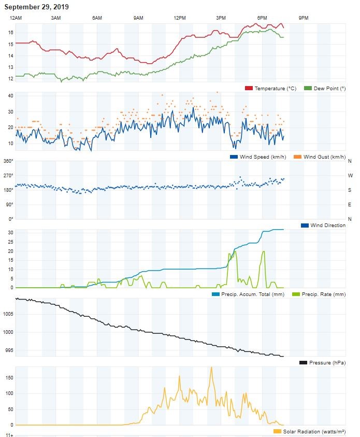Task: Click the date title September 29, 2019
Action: tap(36, 7)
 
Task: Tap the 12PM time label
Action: tap(180, 18)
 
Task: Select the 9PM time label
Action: tap(304, 18)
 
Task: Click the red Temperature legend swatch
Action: tap(249, 88)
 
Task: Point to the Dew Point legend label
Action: tap(329, 88)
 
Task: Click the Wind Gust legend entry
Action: tap(320, 157)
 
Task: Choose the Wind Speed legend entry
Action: tap(258, 157)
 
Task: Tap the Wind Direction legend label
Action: tap(328, 225)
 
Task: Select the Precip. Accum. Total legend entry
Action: tap(248, 294)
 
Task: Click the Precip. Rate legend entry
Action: tap(319, 294)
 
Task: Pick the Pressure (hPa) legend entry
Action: tap(322, 362)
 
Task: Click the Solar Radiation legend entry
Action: tap(310, 431)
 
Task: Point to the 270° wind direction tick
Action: tap(8, 176)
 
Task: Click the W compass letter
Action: tap(350, 176)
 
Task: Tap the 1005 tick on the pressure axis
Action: tap(8, 314)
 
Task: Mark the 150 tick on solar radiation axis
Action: tap(9, 377)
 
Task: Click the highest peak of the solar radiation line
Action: tap(212, 368)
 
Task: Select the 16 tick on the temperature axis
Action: tap(10, 33)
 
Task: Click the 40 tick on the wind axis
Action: tap(10, 96)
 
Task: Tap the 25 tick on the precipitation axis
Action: tap(10, 242)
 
